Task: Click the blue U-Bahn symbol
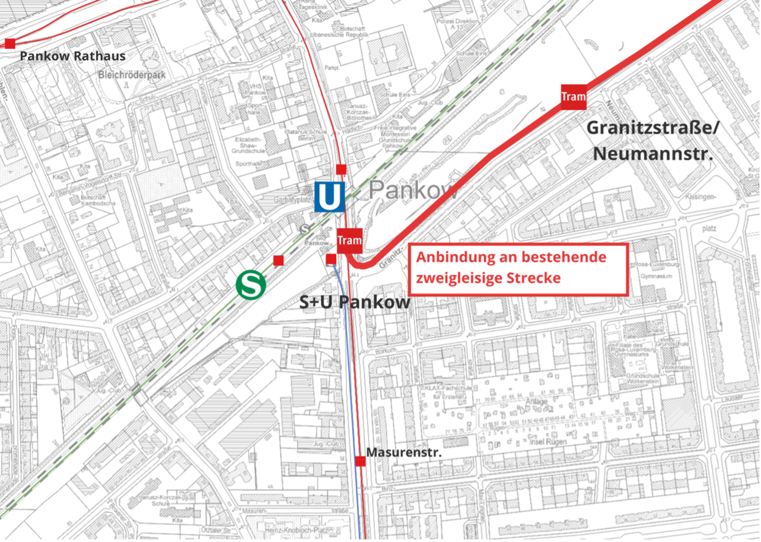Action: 329,197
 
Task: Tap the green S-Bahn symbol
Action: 250,284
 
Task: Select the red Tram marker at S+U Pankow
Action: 349,240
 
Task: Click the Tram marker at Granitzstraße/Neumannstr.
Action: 573,97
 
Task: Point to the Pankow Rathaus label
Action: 72,56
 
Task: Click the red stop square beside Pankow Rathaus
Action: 9,43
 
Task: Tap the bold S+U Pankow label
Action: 355,302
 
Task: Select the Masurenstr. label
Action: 403,452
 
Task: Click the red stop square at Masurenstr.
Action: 360,461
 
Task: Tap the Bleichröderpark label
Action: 132,75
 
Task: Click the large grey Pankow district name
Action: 413,191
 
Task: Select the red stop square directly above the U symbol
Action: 341,169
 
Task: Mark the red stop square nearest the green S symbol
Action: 278,260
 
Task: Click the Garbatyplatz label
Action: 293,199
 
